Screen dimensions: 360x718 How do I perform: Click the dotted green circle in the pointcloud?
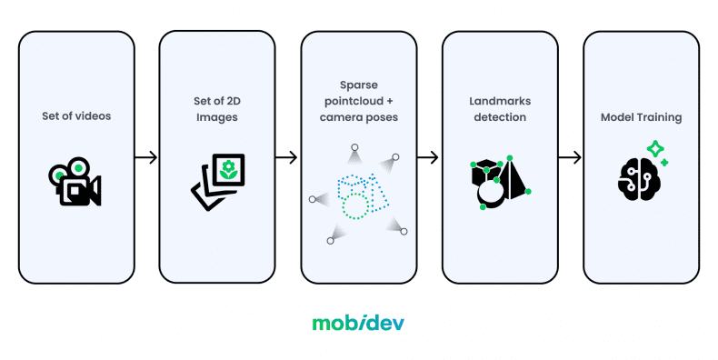point(355,205)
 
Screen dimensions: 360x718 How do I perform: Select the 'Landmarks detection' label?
point(500,117)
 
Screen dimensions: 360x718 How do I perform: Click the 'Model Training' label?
point(641,117)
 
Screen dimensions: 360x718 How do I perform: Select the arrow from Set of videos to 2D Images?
point(145,158)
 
